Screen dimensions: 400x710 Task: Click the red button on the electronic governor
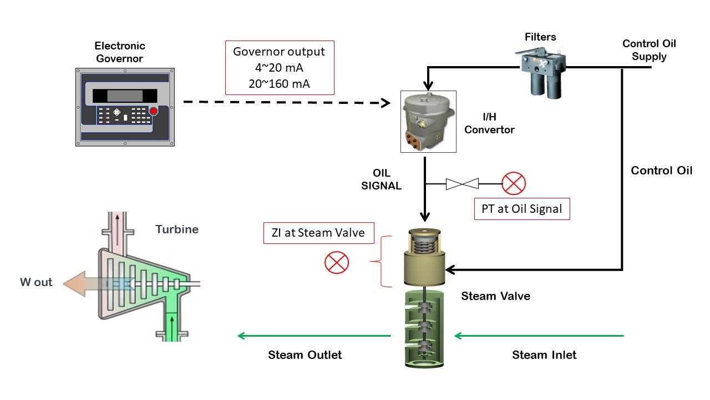[154, 112]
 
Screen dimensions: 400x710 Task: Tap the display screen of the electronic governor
[120, 96]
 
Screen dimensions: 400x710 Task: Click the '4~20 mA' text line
[279, 68]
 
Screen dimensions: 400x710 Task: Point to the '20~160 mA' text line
[279, 83]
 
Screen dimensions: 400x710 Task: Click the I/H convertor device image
[428, 122]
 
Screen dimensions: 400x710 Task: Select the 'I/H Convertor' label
[489, 124]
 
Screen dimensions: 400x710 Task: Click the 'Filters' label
[540, 37]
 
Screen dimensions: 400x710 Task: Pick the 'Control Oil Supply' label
[649, 50]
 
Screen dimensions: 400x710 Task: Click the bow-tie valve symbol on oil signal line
[462, 183]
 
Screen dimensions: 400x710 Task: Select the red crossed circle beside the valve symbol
[513, 183]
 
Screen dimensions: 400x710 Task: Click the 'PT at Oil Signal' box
[522, 209]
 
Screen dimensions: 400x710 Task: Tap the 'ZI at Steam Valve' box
[318, 233]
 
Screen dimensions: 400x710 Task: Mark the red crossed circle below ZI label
[337, 262]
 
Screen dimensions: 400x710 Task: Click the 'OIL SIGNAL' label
[381, 179]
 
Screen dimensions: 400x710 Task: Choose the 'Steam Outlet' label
[305, 354]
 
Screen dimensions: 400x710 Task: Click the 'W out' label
[37, 282]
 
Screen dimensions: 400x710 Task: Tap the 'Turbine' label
[177, 229]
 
